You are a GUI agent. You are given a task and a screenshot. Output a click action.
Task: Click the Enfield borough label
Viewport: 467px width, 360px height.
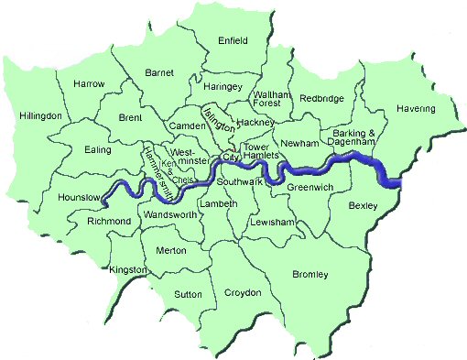(233, 40)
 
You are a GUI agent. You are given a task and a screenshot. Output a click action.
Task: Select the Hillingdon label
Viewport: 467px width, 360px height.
(39, 116)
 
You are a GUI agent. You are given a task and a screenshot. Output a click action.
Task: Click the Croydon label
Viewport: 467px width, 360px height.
(243, 293)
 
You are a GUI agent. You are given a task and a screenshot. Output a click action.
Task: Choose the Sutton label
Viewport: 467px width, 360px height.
(189, 294)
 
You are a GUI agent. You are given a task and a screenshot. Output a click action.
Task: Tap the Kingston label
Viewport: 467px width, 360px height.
(127, 271)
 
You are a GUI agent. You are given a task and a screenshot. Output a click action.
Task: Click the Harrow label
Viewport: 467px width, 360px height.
(88, 84)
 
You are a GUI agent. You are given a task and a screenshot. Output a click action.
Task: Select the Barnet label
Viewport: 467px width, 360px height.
(159, 72)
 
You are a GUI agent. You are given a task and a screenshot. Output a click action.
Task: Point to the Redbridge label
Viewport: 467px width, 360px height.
(320, 97)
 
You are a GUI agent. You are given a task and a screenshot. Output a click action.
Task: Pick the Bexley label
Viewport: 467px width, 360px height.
(363, 206)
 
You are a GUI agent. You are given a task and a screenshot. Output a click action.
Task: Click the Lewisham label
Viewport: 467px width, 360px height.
(275, 223)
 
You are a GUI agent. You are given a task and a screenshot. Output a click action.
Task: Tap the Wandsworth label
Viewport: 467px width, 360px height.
(169, 214)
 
